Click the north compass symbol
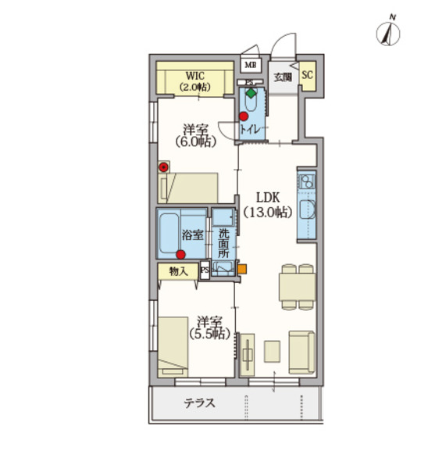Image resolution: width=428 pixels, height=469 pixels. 387,32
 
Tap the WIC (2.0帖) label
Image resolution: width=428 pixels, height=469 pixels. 195,81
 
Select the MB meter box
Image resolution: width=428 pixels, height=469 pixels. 251,65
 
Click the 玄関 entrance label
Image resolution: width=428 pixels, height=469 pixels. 283,77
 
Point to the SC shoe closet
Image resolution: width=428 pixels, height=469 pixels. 307,75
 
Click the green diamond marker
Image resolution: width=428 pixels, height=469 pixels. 251,93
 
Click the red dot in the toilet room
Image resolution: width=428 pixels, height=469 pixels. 244,116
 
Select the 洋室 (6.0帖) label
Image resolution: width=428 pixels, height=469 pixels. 195,136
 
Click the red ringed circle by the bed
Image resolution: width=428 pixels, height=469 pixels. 163,167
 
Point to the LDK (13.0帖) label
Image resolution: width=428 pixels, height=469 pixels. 267,205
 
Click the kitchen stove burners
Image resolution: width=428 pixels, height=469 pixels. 306,181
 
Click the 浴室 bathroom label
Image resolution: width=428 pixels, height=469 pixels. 193,235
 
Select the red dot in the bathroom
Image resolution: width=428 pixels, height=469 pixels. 181,255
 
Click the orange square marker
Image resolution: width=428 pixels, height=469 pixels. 242,269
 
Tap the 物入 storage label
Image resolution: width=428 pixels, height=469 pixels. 178,271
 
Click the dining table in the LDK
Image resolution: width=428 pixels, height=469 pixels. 298,287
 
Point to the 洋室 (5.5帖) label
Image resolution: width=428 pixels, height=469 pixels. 210,328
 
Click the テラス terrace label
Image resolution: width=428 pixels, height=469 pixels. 199,403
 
